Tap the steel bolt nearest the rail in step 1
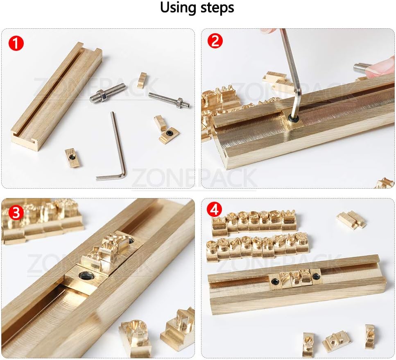pyautogui.click(x=107, y=93)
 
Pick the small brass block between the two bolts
pyautogui.click(x=142, y=80)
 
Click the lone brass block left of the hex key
pyautogui.click(x=72, y=157)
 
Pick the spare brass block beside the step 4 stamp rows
pyautogui.click(x=351, y=219)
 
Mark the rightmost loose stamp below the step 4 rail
pyautogui.click(x=369, y=336)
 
